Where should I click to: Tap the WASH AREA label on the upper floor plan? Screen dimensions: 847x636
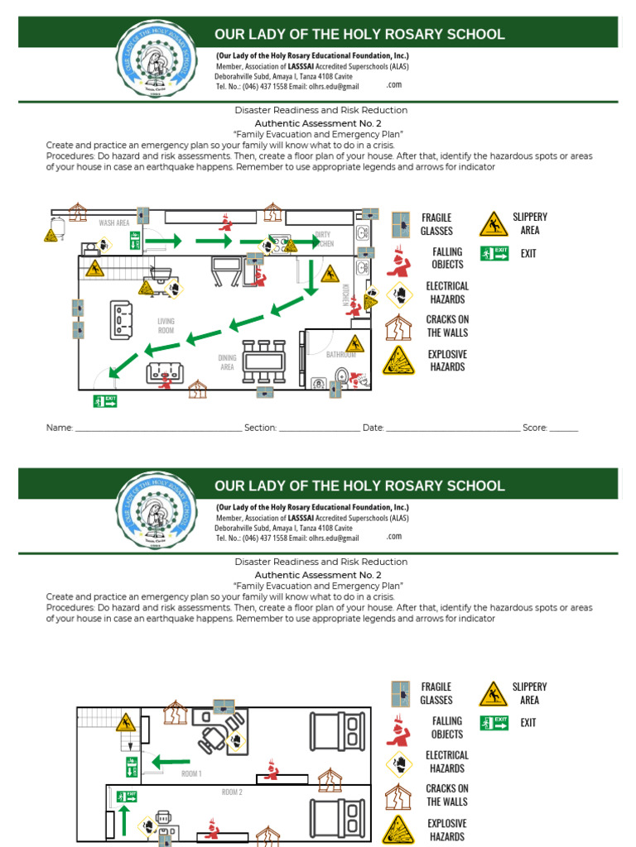click(114, 223)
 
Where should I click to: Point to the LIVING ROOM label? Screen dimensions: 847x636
click(166, 325)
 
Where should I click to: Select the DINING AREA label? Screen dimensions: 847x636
click(227, 361)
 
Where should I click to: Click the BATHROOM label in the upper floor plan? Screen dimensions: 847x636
click(340, 355)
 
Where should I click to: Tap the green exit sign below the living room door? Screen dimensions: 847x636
click(105, 401)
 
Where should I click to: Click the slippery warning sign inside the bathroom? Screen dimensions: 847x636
click(355, 343)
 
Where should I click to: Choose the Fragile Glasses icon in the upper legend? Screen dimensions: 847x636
click(401, 224)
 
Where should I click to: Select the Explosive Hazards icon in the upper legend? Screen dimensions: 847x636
click(398, 361)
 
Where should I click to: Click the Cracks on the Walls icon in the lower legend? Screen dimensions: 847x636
click(398, 795)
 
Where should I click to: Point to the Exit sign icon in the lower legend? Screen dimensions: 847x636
click(494, 723)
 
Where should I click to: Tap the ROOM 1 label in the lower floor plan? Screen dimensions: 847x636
click(191, 773)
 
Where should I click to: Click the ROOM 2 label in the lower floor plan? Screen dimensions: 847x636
click(232, 792)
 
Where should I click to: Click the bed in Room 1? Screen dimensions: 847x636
click(337, 730)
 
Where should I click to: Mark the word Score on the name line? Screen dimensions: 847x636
click(534, 428)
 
